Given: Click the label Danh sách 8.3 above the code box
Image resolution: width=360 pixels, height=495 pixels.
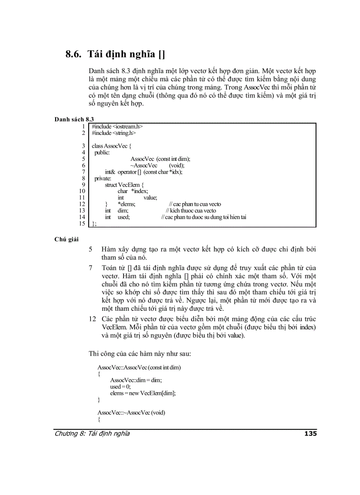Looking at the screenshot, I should [74, 119].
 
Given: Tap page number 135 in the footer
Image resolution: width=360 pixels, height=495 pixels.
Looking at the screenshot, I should [311, 433].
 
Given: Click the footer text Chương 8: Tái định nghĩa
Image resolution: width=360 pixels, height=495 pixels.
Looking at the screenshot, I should [92, 433].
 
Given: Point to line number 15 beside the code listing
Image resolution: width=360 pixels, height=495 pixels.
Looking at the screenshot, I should [82, 223].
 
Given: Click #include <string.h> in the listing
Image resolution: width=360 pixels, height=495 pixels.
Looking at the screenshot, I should [114, 133].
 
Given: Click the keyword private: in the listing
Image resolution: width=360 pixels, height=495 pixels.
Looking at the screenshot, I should [103, 178].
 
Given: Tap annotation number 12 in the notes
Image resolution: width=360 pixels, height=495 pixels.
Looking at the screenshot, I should [93, 319].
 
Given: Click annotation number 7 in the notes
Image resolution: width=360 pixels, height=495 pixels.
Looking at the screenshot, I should [90, 268].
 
